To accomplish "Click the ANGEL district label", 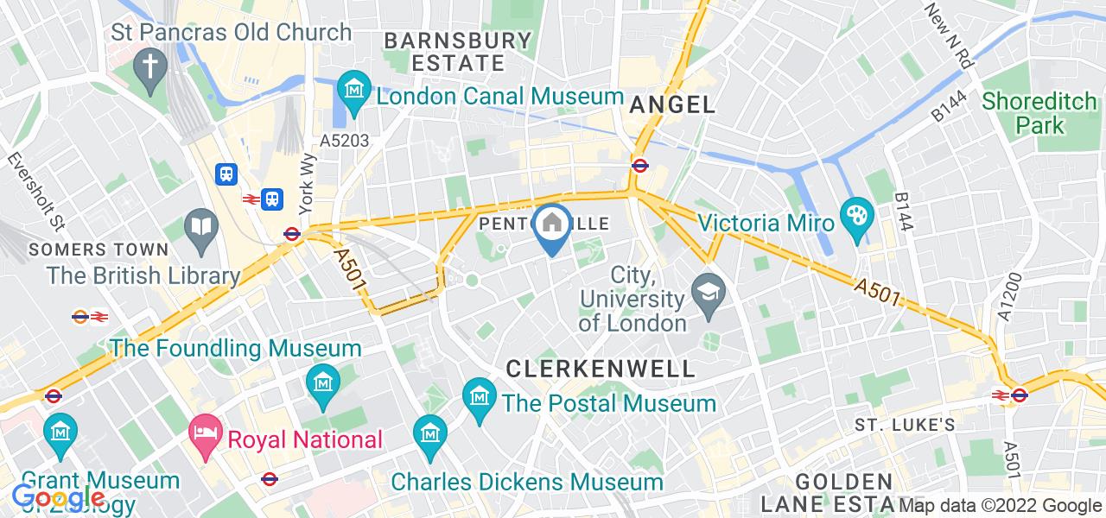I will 673,105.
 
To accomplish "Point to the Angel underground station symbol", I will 640,165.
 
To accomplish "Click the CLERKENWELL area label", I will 601,369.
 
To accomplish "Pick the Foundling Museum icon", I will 322,380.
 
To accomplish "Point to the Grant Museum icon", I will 61,430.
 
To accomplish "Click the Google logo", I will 59,498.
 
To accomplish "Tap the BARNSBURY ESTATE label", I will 458,52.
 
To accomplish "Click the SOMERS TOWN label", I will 98,250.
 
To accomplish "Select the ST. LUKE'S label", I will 905,425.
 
